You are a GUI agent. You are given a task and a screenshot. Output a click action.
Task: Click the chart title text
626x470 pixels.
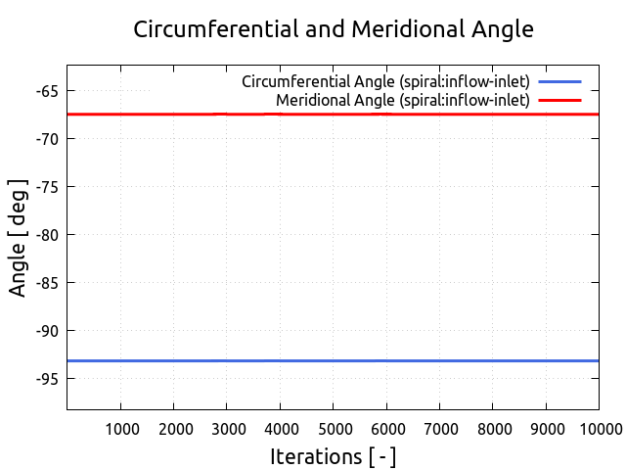[x=334, y=29]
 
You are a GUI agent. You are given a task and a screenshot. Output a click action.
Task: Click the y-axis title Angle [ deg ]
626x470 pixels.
[x=19, y=237]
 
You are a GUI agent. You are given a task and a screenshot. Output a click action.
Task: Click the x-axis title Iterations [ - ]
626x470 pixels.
[x=333, y=457]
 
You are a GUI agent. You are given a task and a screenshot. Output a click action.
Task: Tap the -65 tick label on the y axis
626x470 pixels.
[x=44, y=91]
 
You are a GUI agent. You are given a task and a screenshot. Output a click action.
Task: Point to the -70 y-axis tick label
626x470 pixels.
[x=44, y=139]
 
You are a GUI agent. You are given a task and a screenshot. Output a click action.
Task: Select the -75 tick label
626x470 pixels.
[x=44, y=187]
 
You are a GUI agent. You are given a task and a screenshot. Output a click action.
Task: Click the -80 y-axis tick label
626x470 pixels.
[x=44, y=235]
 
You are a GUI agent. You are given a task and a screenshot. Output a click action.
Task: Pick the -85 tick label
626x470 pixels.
[x=44, y=283]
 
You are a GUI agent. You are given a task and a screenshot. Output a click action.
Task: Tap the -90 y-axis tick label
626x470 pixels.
[x=44, y=331]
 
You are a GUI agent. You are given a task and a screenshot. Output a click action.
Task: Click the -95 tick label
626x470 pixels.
[x=44, y=379]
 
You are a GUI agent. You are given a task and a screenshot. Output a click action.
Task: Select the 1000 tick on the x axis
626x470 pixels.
[x=120, y=429]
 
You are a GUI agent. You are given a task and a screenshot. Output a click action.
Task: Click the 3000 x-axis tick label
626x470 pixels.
[x=227, y=429]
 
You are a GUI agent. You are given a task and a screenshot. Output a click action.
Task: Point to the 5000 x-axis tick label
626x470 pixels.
[x=333, y=429]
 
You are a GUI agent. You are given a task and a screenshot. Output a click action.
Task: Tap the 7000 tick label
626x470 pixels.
[x=439, y=429]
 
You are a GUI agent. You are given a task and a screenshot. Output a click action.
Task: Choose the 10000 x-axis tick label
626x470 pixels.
[x=597, y=429]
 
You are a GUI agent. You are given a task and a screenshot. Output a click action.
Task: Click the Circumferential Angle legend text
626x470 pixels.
[x=385, y=81]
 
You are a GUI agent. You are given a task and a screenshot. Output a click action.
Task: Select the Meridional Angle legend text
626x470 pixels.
[x=402, y=100]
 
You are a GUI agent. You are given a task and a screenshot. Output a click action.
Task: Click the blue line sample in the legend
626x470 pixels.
[x=559, y=81]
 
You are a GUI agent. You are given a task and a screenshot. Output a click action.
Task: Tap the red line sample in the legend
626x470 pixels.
[x=559, y=100]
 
